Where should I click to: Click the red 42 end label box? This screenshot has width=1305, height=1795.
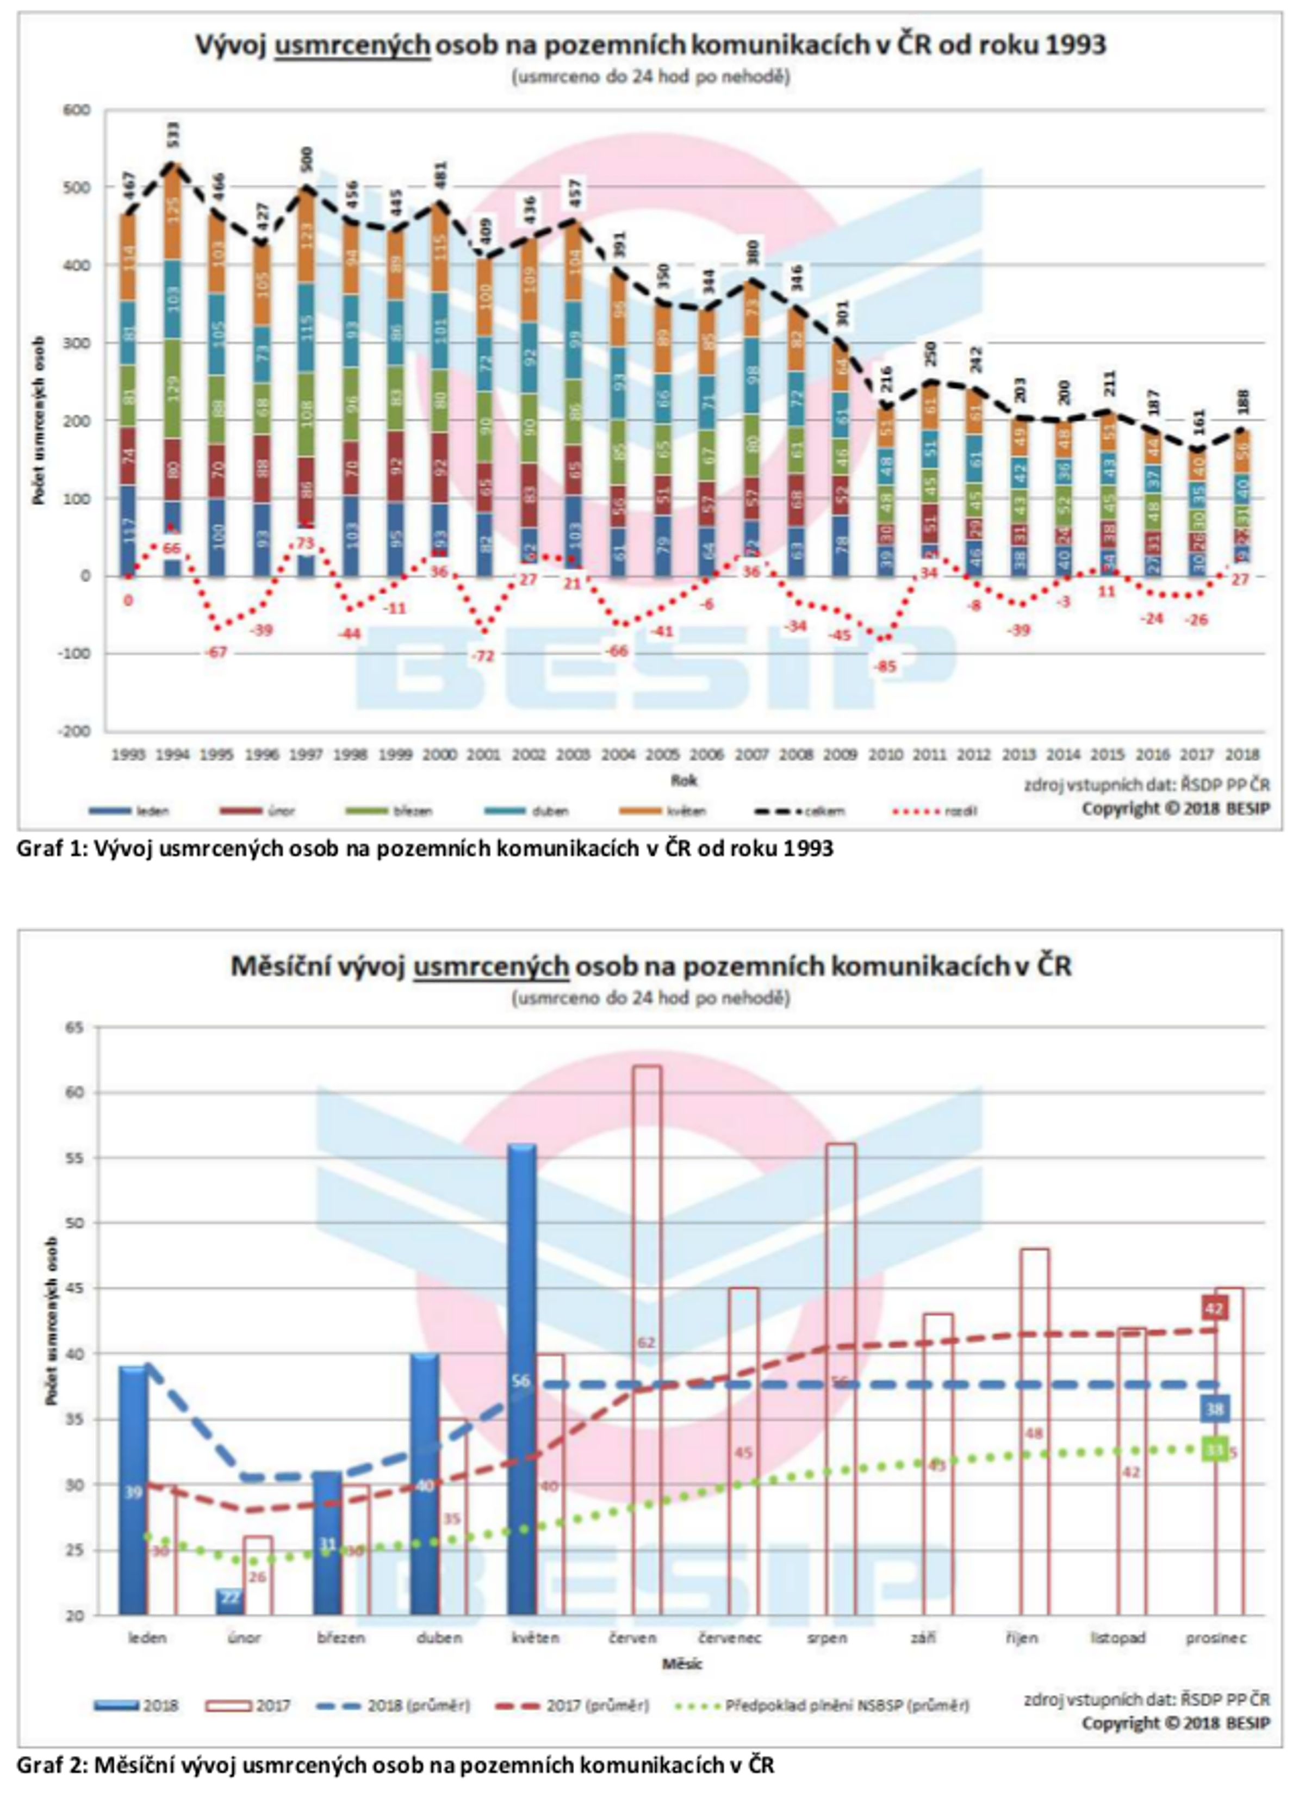pyautogui.click(x=1214, y=1308)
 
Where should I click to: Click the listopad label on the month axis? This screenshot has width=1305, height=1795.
pyautogui.click(x=1117, y=1637)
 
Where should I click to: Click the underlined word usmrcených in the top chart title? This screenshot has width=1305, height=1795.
pyautogui.click(x=352, y=45)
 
